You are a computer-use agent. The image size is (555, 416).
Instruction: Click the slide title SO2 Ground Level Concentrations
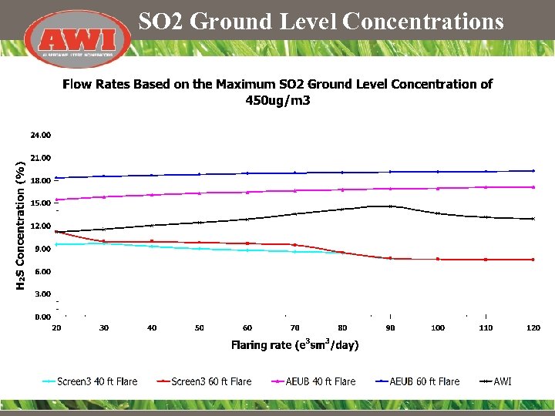click(x=321, y=21)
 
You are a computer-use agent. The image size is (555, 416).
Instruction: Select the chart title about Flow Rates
click(x=277, y=92)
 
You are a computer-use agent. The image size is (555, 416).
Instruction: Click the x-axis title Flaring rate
click(x=295, y=345)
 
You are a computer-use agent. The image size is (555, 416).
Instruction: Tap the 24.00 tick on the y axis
click(x=41, y=135)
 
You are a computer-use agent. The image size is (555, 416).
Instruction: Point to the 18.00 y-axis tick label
click(x=41, y=180)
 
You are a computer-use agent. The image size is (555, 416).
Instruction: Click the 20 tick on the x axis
click(x=56, y=328)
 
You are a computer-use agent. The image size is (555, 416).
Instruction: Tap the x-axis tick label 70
click(x=295, y=328)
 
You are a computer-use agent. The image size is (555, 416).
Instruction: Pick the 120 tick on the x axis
click(x=533, y=328)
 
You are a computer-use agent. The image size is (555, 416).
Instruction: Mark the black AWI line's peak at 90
click(x=391, y=206)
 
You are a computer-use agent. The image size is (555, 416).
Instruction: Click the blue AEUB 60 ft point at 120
click(x=533, y=171)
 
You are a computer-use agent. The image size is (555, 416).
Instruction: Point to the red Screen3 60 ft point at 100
click(x=438, y=259)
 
